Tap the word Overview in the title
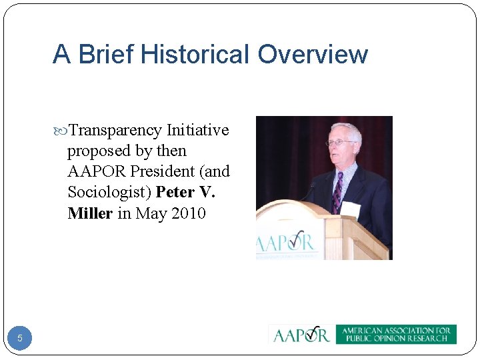point(313,54)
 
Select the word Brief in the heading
point(101,54)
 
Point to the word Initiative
point(197,130)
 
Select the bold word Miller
point(90,213)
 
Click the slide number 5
point(20,338)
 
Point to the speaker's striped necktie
point(337,190)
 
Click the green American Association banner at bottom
point(395,334)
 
